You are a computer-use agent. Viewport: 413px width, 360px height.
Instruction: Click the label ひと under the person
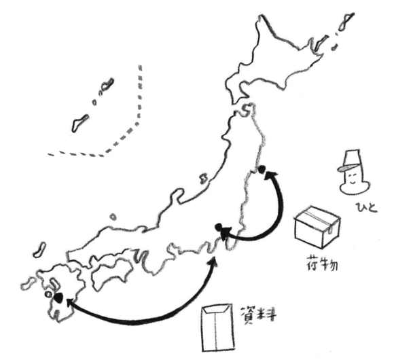coord(367,207)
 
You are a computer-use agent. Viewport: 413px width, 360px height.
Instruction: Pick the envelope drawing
coord(217,327)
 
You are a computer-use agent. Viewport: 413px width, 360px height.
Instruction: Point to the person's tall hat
coord(351,160)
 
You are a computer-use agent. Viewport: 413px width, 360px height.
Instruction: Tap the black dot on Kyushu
coord(58,297)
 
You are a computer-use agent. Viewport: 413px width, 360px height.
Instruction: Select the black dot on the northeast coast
coord(262,169)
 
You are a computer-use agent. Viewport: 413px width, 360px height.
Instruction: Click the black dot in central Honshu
coord(219,226)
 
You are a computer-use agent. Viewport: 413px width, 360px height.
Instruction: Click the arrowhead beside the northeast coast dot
coord(271,175)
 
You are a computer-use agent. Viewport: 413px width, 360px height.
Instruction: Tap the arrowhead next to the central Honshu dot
coord(226,233)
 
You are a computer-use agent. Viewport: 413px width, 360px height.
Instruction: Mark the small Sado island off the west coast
coord(204,179)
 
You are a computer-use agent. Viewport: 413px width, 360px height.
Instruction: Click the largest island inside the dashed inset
coord(79,123)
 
